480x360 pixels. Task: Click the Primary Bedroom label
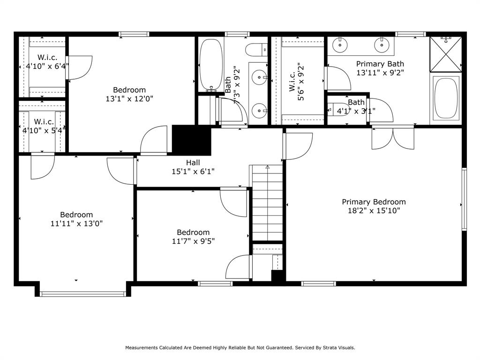(x=374, y=202)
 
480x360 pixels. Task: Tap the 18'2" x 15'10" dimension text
(x=374, y=210)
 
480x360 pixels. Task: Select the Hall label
(x=193, y=163)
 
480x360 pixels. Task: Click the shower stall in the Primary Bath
(x=445, y=54)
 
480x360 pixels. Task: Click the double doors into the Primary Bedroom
(x=393, y=138)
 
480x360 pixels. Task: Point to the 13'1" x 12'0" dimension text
(x=129, y=99)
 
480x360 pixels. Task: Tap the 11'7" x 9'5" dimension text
(x=193, y=241)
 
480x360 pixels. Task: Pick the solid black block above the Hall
(x=192, y=140)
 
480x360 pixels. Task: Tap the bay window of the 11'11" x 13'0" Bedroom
(x=82, y=294)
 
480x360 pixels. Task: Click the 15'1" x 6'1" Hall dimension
(x=193, y=172)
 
